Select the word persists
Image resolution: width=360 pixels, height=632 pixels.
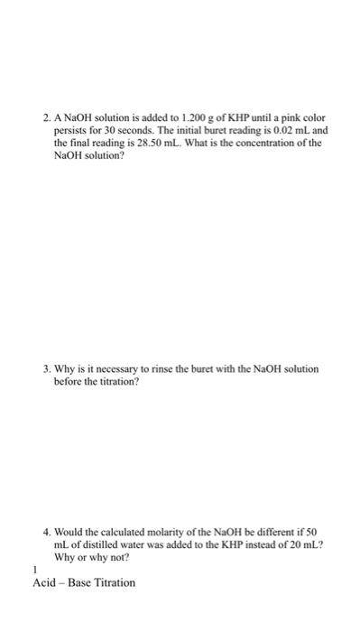(73, 130)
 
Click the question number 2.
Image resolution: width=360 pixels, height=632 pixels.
(45, 118)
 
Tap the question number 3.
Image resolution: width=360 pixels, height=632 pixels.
(45, 370)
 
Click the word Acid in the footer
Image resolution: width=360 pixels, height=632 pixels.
(43, 582)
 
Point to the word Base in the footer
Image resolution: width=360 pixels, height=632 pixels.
(78, 582)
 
